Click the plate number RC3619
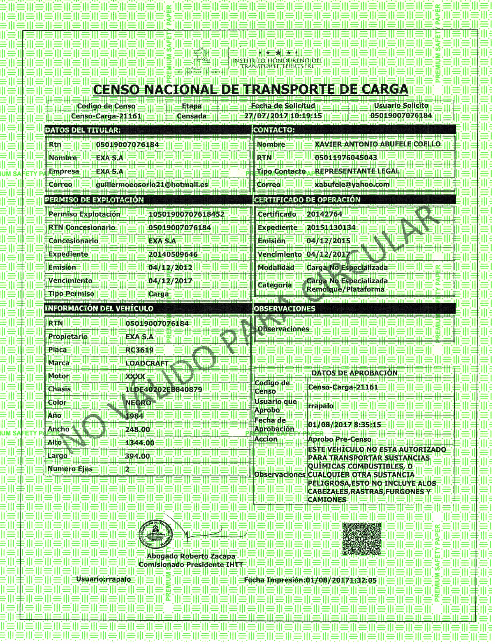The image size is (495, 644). (139, 350)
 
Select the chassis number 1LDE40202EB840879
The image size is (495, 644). (164, 390)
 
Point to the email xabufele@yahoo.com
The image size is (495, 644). (352, 185)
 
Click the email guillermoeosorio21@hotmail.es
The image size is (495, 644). (152, 185)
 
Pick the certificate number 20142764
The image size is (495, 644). (324, 214)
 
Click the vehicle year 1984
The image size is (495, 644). (134, 416)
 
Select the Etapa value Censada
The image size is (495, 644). (192, 116)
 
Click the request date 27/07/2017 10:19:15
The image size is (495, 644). (283, 116)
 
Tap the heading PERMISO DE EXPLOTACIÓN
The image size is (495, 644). (94, 200)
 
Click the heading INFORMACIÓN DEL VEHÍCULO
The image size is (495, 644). (99, 309)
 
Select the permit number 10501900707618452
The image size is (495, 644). (186, 214)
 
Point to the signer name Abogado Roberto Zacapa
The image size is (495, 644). (191, 556)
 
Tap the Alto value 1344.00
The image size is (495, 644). (140, 443)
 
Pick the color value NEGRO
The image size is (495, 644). (138, 403)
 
